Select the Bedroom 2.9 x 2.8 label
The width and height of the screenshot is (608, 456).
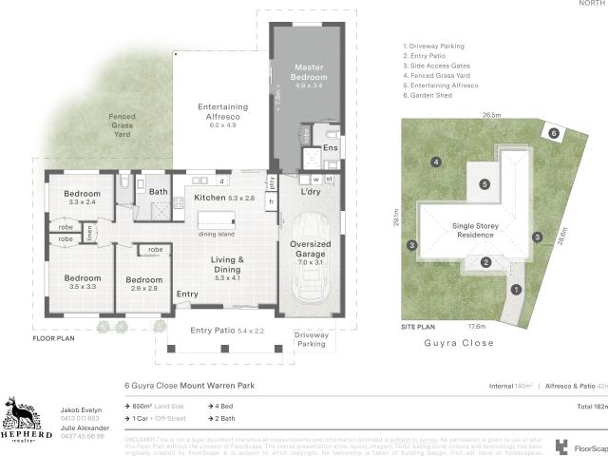(x=144, y=282)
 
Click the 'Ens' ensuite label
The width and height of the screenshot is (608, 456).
(x=331, y=148)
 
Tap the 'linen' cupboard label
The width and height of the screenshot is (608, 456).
(x=90, y=232)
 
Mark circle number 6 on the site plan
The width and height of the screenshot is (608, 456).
(x=553, y=134)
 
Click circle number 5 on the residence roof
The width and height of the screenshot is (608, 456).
(x=484, y=184)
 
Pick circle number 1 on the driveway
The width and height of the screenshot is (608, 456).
(x=516, y=289)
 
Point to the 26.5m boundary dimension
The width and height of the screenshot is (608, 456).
(x=490, y=115)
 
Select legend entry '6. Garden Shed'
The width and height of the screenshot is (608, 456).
(x=432, y=96)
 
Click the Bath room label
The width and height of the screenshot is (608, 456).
(x=159, y=192)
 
